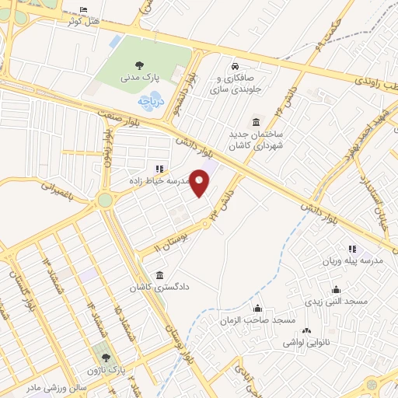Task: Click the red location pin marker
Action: tap(201, 183)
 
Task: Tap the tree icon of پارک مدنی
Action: tap(138, 66)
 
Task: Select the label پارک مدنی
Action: tap(140, 79)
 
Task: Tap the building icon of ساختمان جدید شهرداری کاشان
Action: tap(256, 122)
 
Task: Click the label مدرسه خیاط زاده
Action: tap(159, 180)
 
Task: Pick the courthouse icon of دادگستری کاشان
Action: tap(159, 274)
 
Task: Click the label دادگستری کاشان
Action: tap(159, 287)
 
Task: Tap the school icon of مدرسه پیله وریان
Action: tap(352, 250)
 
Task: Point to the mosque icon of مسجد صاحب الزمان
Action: tap(257, 309)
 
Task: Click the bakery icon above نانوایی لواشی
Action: tap(305, 330)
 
